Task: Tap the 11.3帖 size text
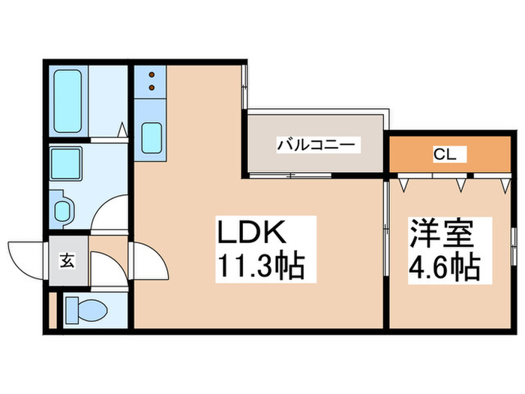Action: point(260,265)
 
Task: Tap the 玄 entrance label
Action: point(67,261)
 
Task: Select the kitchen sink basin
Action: point(151,137)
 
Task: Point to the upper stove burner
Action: point(151,75)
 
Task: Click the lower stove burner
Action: point(151,88)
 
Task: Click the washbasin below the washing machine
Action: point(62,208)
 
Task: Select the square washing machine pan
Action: point(67,162)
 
